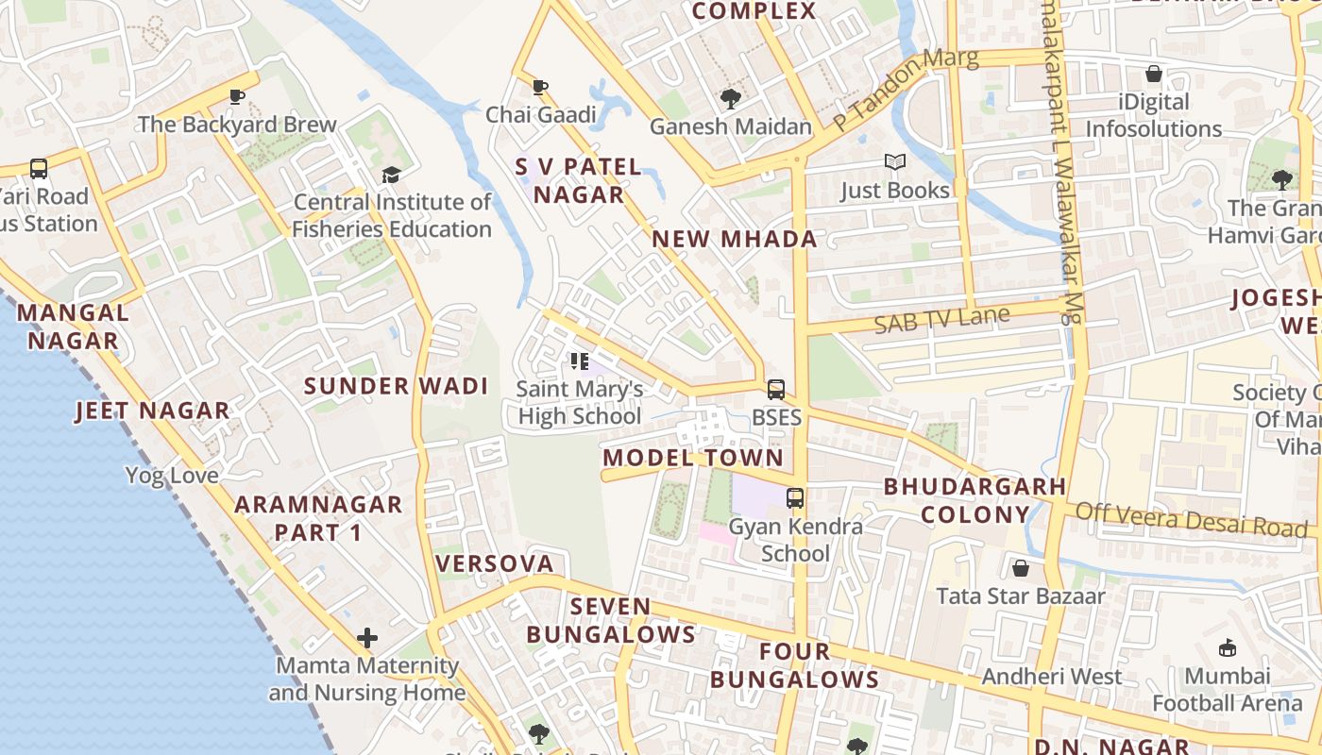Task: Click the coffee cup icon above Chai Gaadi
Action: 540,88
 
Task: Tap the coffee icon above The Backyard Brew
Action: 237,96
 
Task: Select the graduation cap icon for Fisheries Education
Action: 391,175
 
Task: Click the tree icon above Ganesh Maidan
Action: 730,98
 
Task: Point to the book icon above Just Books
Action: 894,162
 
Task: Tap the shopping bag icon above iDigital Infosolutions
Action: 1153,74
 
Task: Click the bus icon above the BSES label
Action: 776,390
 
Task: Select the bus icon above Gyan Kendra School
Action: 795,497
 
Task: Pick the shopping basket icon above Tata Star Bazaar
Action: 1020,568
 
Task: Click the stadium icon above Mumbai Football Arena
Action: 1228,647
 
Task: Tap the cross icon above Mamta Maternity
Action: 367,638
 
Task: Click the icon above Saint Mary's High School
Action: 580,361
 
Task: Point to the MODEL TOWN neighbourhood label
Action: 693,458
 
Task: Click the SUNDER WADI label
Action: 396,386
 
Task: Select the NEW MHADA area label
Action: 735,239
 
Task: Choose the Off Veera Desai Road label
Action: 1192,520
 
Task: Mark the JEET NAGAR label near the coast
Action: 152,411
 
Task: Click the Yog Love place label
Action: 172,475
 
